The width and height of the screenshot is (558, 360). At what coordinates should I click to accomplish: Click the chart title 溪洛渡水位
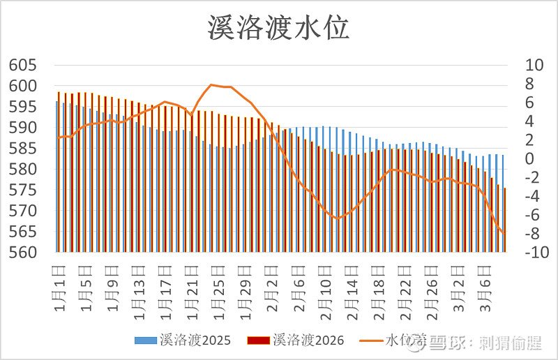(x=278, y=28)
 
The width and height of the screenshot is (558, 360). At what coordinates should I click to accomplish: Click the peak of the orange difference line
(x=212, y=84)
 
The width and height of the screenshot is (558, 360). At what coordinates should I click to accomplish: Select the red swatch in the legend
(x=258, y=340)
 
